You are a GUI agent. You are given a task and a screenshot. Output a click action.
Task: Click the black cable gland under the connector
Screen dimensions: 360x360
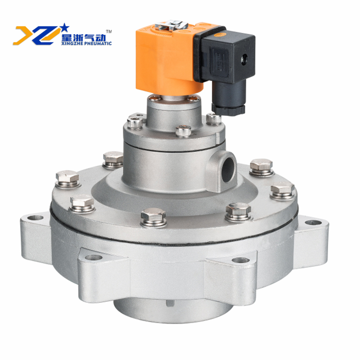[228, 98]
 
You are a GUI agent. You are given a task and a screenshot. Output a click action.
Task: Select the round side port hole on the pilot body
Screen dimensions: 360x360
[228, 169]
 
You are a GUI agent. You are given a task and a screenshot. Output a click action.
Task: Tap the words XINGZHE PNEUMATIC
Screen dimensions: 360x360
[86, 43]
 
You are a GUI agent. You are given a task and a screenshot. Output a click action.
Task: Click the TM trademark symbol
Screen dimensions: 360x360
[109, 31]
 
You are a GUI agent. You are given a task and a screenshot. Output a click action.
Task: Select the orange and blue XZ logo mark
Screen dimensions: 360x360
[37, 35]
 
